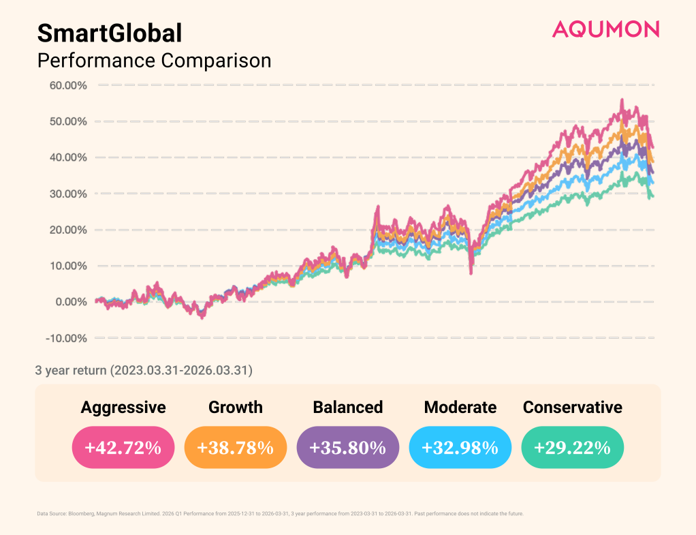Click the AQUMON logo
pos(605,29)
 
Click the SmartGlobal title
pos(110,33)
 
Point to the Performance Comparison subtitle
pos(154,61)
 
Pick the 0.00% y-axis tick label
pos(69,302)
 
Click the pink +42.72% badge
pos(123,448)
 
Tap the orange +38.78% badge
pos(235,448)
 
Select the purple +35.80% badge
pos(347,448)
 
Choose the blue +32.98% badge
pos(460,448)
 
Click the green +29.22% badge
pos(572,448)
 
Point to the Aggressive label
pos(123,408)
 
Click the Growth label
pos(235,408)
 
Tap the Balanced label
pos(347,408)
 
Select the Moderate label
pos(460,408)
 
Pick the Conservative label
pos(572,408)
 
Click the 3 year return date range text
pos(144,371)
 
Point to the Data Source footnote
pos(280,513)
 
